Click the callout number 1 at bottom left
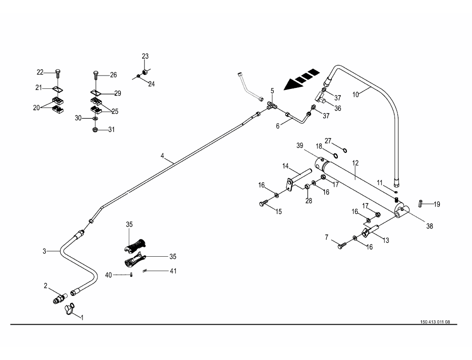pos(82,317)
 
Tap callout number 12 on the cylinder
pos(356,162)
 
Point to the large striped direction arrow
pos(301,80)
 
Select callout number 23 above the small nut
pos(145,56)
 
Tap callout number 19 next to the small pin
pos(437,204)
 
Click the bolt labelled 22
pos(59,72)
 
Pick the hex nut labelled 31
pos(95,130)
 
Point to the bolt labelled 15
pos(263,203)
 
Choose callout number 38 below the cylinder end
pos(429,226)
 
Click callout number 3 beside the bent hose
pos(44,252)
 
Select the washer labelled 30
pos(94,119)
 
